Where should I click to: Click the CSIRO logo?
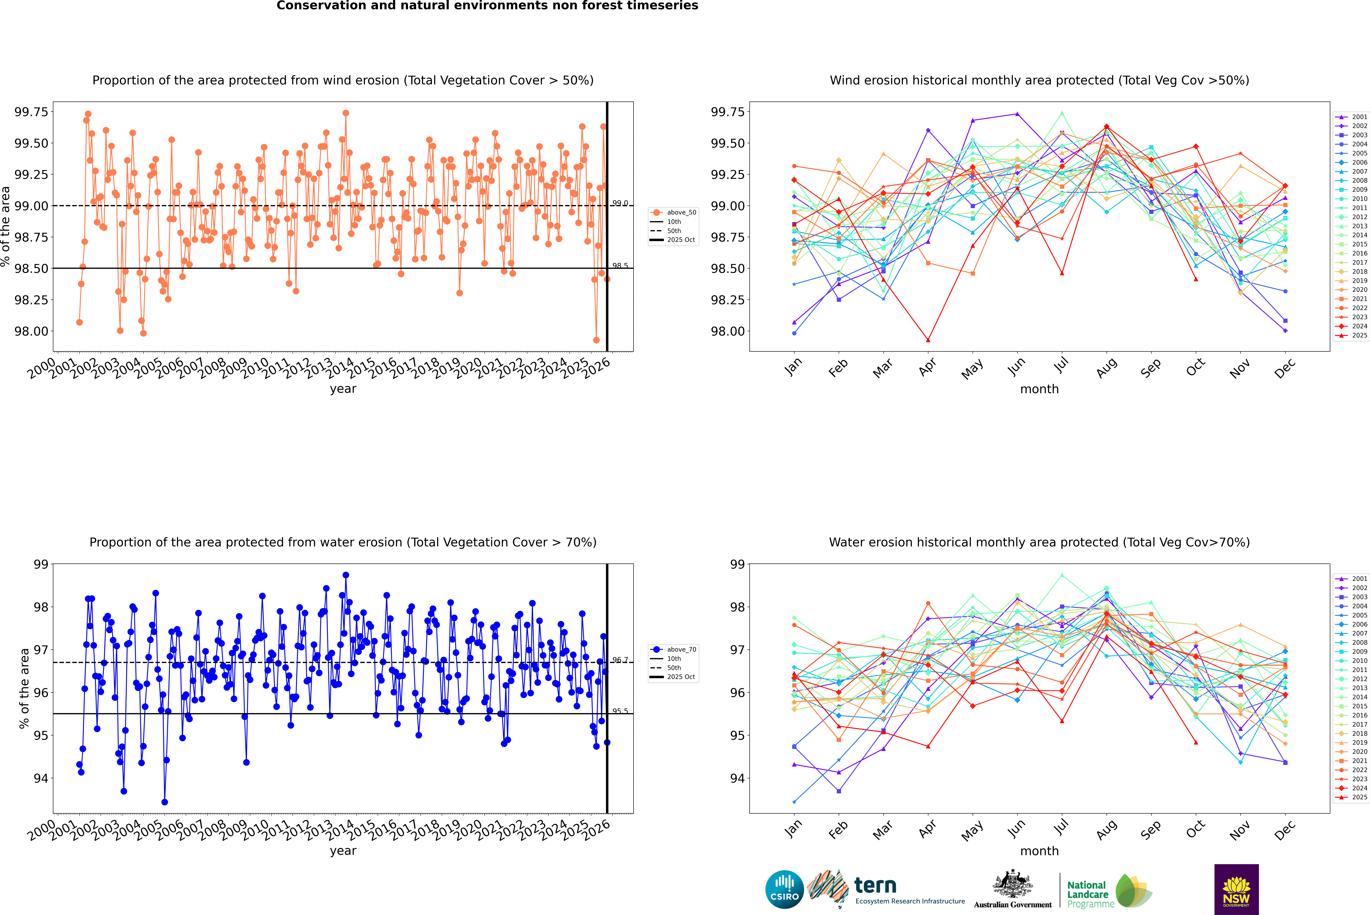click(x=784, y=889)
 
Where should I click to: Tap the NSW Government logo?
click(x=1236, y=889)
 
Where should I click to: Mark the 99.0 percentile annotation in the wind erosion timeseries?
click(x=620, y=203)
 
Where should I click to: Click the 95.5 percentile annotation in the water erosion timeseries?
click(x=620, y=711)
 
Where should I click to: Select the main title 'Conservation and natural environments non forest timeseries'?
click(x=487, y=6)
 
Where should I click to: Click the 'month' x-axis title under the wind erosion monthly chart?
click(x=1039, y=389)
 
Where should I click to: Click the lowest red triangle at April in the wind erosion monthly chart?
click(x=928, y=340)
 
